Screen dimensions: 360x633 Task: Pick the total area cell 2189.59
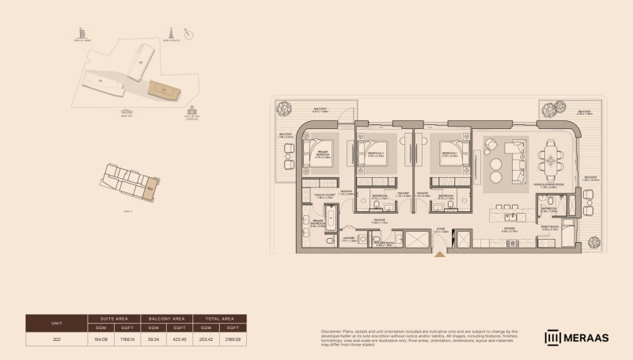232,339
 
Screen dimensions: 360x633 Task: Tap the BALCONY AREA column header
166,318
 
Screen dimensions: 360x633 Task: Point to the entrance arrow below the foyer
440,255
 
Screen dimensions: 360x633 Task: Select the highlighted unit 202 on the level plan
150,188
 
